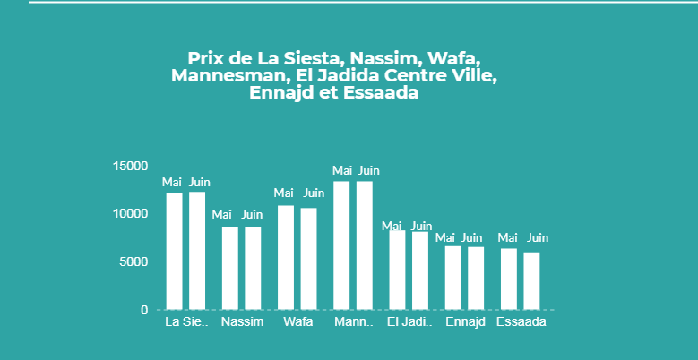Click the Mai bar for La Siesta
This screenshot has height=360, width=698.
[174, 251]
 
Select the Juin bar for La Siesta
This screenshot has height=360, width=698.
[197, 251]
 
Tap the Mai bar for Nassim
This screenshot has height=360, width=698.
[230, 268]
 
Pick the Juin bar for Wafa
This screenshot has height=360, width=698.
[308, 258]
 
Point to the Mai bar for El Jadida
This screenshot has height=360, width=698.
[397, 270]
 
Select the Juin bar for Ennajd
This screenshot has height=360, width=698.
[476, 278]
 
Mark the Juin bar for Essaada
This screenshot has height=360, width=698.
[531, 280]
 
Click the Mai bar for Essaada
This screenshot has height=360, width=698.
[509, 279]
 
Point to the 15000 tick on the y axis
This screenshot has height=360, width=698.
[131, 166]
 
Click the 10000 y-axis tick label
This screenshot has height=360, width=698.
[131, 214]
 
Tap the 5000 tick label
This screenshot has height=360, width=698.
[134, 261]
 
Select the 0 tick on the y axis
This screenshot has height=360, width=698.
[144, 310]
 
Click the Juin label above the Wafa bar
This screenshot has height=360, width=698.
[314, 193]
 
